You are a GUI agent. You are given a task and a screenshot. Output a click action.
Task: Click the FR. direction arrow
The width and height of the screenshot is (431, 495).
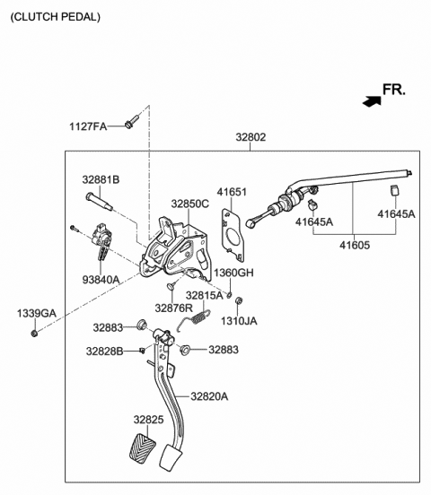pos(372,101)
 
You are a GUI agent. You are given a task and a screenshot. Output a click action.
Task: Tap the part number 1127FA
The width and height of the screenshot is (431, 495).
pos(88,126)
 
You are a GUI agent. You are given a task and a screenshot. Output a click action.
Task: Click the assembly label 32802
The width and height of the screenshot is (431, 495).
pos(251,137)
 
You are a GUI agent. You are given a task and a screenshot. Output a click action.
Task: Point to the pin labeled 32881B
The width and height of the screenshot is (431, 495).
pos(99,202)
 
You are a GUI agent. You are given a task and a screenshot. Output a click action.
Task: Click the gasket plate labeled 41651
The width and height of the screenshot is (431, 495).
pos(233,235)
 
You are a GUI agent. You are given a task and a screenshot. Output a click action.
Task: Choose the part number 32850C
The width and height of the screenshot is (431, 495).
pos(190,204)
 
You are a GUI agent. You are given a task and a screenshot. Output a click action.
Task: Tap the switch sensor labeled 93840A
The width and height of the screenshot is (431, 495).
pos(101,240)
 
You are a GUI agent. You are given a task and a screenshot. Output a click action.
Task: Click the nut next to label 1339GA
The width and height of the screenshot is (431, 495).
pos(34,333)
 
